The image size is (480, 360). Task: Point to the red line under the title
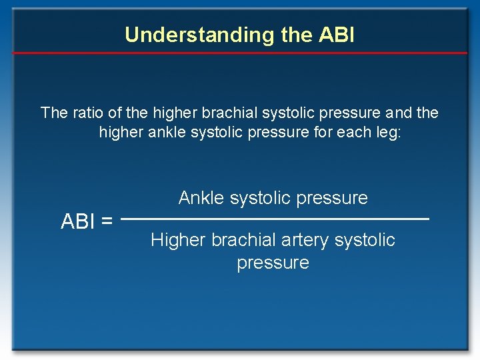[240, 53]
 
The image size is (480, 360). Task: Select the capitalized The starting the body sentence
[54, 113]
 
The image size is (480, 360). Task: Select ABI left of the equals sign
[77, 221]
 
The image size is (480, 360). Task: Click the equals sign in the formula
[106, 221]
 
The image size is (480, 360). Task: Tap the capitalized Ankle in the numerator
[201, 198]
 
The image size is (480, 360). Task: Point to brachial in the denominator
[245, 240]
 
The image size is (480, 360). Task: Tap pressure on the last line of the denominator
[273, 263]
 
